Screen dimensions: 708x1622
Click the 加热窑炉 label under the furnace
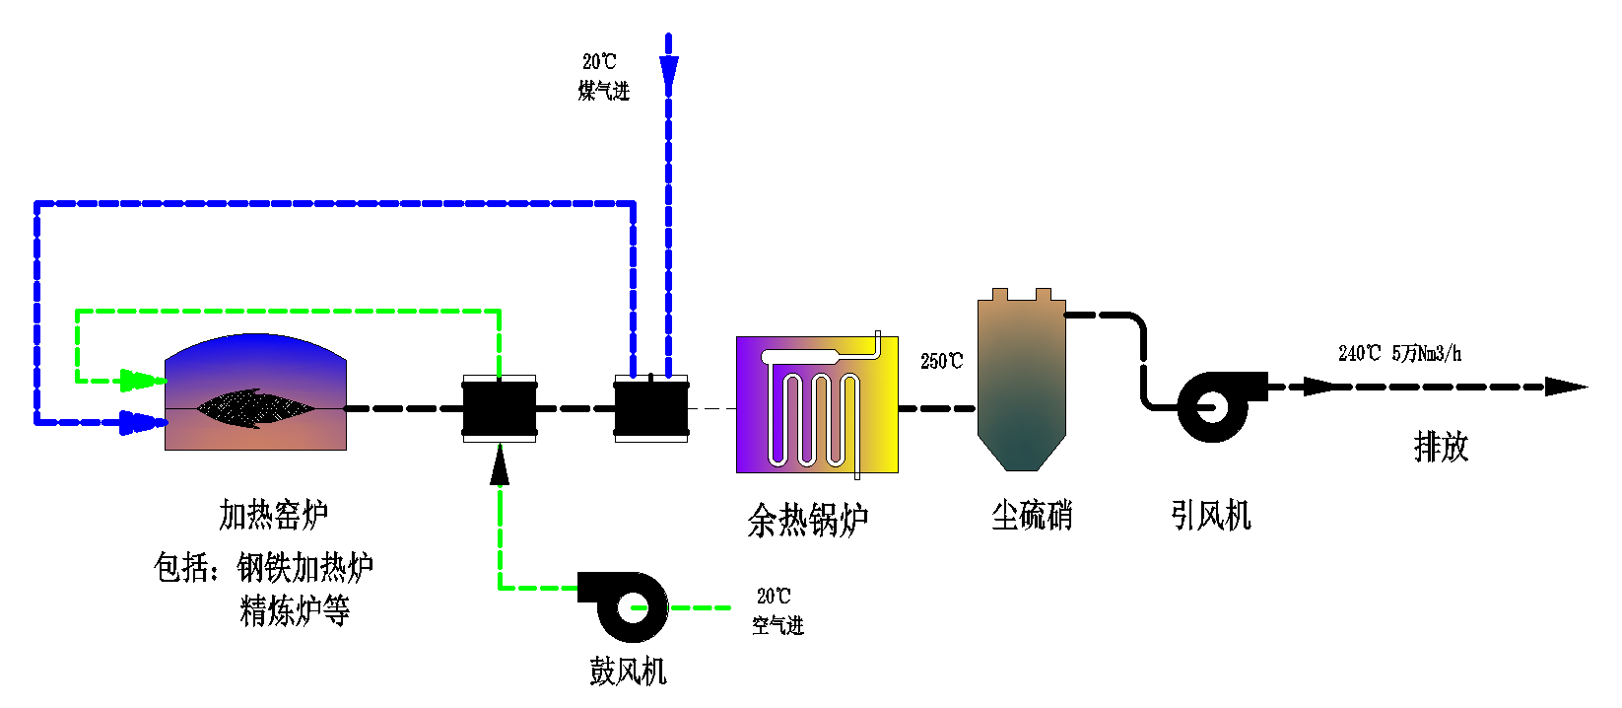point(273,514)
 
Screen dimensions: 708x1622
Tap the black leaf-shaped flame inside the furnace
point(255,407)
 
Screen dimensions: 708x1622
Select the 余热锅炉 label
point(807,520)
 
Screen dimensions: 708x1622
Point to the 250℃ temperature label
point(941,362)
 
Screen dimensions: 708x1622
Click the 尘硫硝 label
point(1031,515)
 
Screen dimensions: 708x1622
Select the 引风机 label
point(1210,515)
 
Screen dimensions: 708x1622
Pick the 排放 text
point(1441,447)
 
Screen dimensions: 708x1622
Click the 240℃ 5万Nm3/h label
point(1399,353)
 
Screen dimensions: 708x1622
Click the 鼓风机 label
point(628,672)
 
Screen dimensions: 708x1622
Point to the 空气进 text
point(777,625)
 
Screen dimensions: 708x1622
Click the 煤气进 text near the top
point(603,91)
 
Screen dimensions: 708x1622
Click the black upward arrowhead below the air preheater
point(500,464)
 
